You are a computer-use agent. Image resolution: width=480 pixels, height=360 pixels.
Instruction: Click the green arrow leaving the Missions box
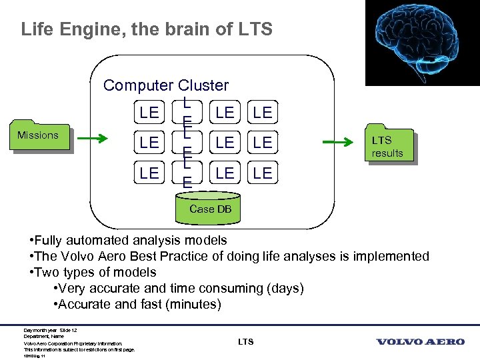(93, 139)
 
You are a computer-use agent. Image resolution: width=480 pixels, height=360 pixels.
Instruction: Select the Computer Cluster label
(166, 85)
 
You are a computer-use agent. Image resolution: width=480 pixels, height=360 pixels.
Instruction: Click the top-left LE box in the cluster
(149, 113)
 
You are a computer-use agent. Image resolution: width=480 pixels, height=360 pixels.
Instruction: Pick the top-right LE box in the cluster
(263, 113)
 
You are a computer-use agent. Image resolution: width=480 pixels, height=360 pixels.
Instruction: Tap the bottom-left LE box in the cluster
(149, 173)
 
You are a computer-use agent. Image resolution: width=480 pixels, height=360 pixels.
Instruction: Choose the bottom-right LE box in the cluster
(263, 173)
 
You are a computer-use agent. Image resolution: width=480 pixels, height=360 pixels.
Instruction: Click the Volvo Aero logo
(420, 342)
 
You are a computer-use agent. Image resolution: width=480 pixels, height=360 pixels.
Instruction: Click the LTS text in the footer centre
(245, 342)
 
